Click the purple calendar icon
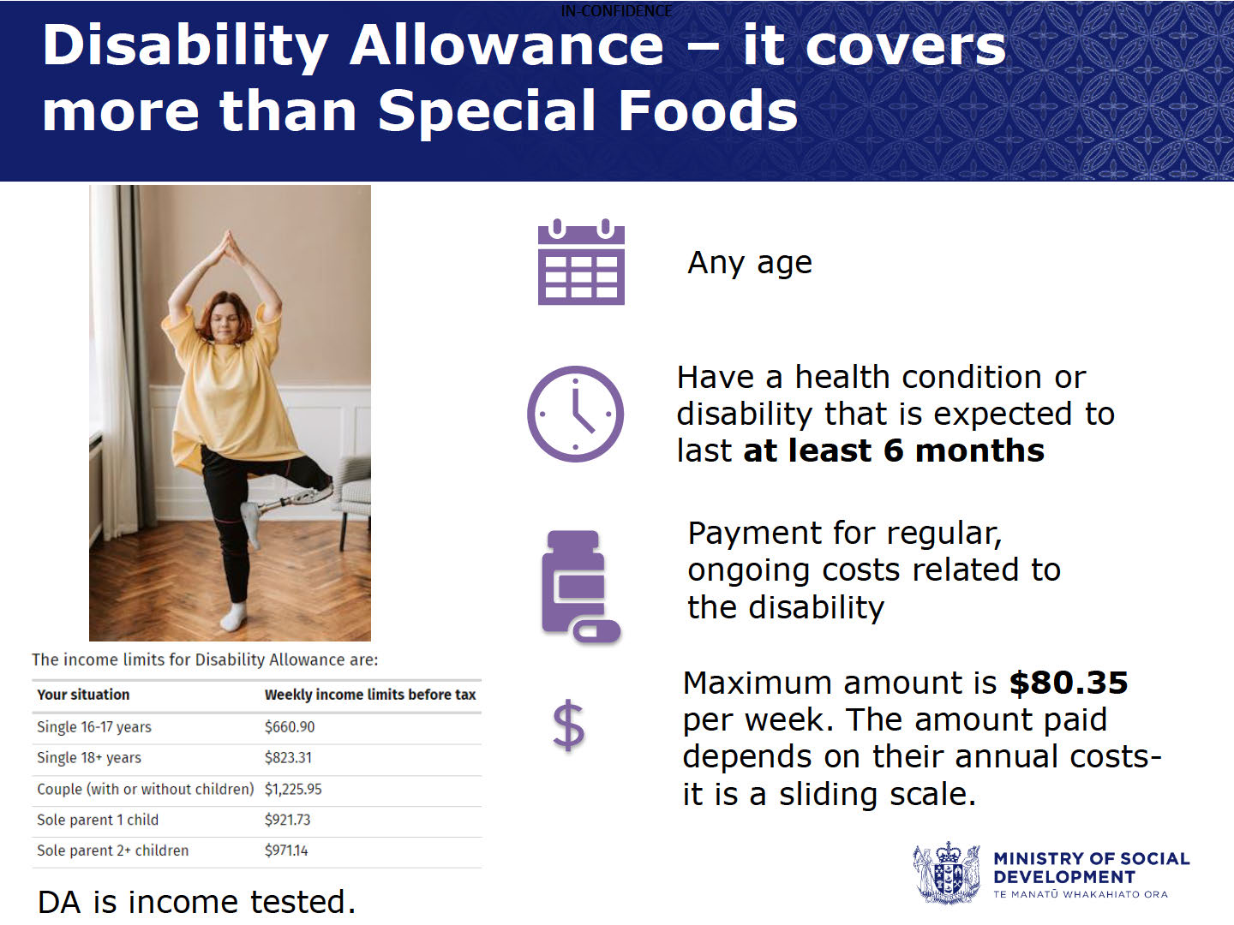(x=581, y=262)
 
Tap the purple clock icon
(x=575, y=414)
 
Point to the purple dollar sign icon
(x=568, y=725)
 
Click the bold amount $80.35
(x=1068, y=683)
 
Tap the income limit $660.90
(x=290, y=727)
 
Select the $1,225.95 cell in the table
(x=293, y=789)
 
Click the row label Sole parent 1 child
(x=98, y=820)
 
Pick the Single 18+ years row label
(x=89, y=758)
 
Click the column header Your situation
(x=83, y=695)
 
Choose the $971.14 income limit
(x=286, y=850)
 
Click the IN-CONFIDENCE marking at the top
(x=617, y=10)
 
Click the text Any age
(x=750, y=262)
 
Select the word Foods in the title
(x=708, y=110)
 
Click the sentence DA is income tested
(x=197, y=902)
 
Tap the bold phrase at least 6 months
(x=894, y=451)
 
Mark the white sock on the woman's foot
(x=234, y=616)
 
